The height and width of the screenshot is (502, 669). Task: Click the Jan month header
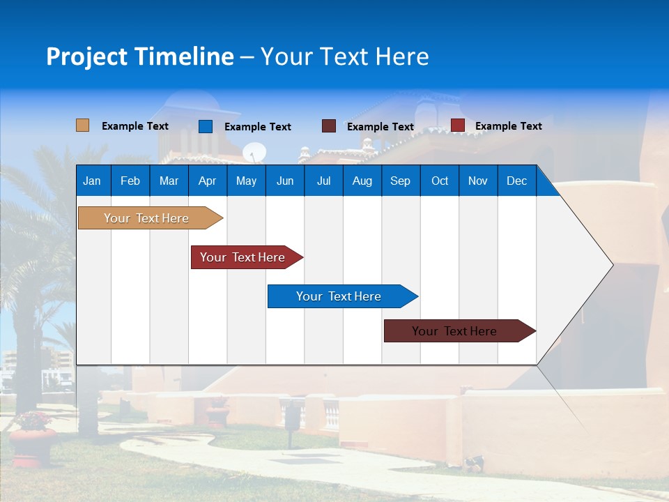coord(93,181)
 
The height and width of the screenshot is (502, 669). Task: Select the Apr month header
coord(208,181)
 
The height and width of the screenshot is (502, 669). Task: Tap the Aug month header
coord(362,181)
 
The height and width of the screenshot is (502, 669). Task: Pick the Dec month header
coord(516,181)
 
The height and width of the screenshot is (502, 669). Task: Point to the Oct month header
coord(440,181)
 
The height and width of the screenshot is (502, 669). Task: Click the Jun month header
coord(285,181)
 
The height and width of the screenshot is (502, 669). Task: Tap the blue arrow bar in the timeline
coord(339,296)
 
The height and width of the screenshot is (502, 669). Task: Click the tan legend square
coord(82,125)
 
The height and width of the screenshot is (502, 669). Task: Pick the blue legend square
coord(206,126)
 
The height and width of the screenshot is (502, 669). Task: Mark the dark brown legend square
coord(329,126)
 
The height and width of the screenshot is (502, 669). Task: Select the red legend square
coord(457,125)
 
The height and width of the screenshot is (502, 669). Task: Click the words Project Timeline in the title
coord(139,56)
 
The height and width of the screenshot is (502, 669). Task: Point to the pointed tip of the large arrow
coord(612,264)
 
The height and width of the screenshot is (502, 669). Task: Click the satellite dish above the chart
coord(254,152)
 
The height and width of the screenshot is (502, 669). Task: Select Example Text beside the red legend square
coord(508,126)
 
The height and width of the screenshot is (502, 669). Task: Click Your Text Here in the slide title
coord(344,56)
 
